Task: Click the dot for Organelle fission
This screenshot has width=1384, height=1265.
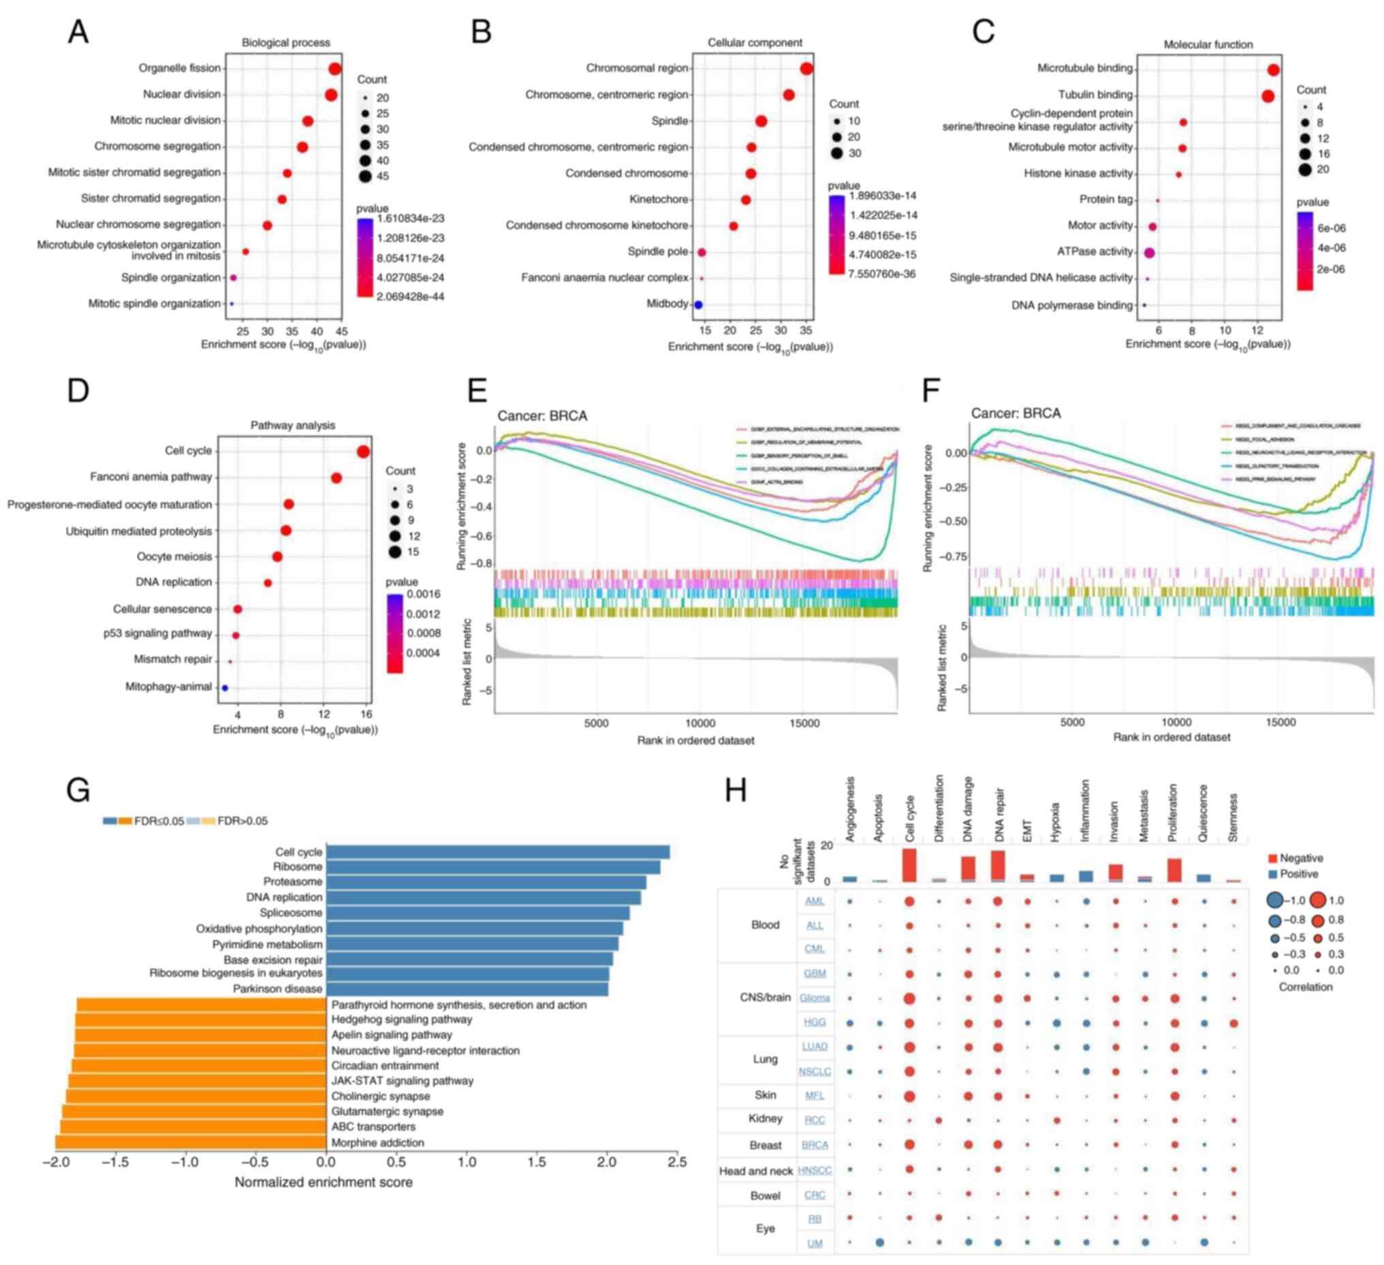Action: [335, 69]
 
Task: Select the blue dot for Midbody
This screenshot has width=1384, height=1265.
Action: [698, 305]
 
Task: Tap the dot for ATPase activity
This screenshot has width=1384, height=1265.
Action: [1149, 253]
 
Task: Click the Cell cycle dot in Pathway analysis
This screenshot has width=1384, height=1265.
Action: [363, 451]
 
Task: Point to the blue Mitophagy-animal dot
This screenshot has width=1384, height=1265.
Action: [225, 687]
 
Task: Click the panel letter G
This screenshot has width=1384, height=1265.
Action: [78, 790]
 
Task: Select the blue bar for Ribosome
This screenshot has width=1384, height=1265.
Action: [493, 867]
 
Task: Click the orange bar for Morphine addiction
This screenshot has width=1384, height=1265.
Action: [191, 1143]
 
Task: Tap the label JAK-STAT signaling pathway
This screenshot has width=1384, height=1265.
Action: [403, 1081]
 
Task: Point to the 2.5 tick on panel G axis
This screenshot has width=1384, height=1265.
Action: [677, 1162]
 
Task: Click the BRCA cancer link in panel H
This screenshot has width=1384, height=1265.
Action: [815, 1145]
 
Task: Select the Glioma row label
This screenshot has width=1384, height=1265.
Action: [815, 998]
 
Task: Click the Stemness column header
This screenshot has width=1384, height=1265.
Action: [1233, 818]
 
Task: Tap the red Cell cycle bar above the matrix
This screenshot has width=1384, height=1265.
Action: [910, 864]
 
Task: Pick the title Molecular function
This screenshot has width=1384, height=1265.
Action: [1208, 45]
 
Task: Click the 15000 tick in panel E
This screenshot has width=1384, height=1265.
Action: [804, 723]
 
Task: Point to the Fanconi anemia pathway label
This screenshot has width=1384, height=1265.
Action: [151, 478]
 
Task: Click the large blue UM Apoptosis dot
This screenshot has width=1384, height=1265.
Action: [879, 1243]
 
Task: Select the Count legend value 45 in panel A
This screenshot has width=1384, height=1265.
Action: [382, 176]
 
